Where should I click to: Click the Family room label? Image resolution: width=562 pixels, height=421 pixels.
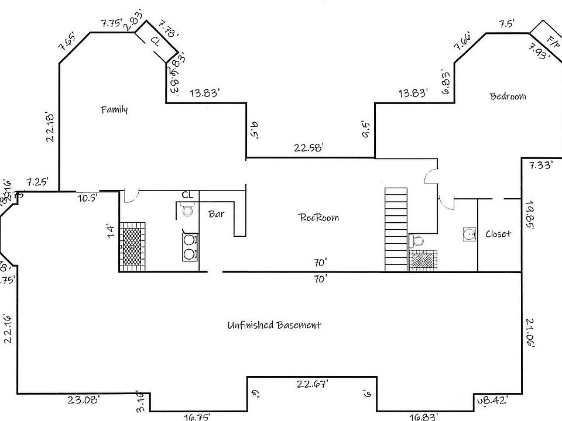click(114, 109)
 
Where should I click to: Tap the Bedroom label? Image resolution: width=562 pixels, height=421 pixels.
click(508, 96)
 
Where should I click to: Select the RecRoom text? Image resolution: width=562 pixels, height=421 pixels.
click(319, 218)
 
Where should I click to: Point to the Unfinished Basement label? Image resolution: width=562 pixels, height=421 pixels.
click(274, 325)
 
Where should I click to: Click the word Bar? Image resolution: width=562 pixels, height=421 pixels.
click(216, 214)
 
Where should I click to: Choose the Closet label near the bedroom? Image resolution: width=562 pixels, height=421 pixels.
click(498, 234)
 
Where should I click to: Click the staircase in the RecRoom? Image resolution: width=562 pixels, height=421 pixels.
click(395, 229)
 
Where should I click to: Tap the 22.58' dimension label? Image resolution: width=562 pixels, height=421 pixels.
click(309, 149)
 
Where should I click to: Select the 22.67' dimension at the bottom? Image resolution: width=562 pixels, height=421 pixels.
click(312, 384)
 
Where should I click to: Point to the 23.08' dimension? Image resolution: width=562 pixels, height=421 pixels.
click(84, 400)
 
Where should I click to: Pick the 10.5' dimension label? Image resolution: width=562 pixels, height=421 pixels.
click(88, 198)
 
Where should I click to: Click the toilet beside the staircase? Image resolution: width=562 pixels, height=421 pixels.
click(417, 240)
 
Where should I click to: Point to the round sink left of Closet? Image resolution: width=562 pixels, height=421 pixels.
click(469, 234)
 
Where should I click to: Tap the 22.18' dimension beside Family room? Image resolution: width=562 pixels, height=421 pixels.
click(51, 127)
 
